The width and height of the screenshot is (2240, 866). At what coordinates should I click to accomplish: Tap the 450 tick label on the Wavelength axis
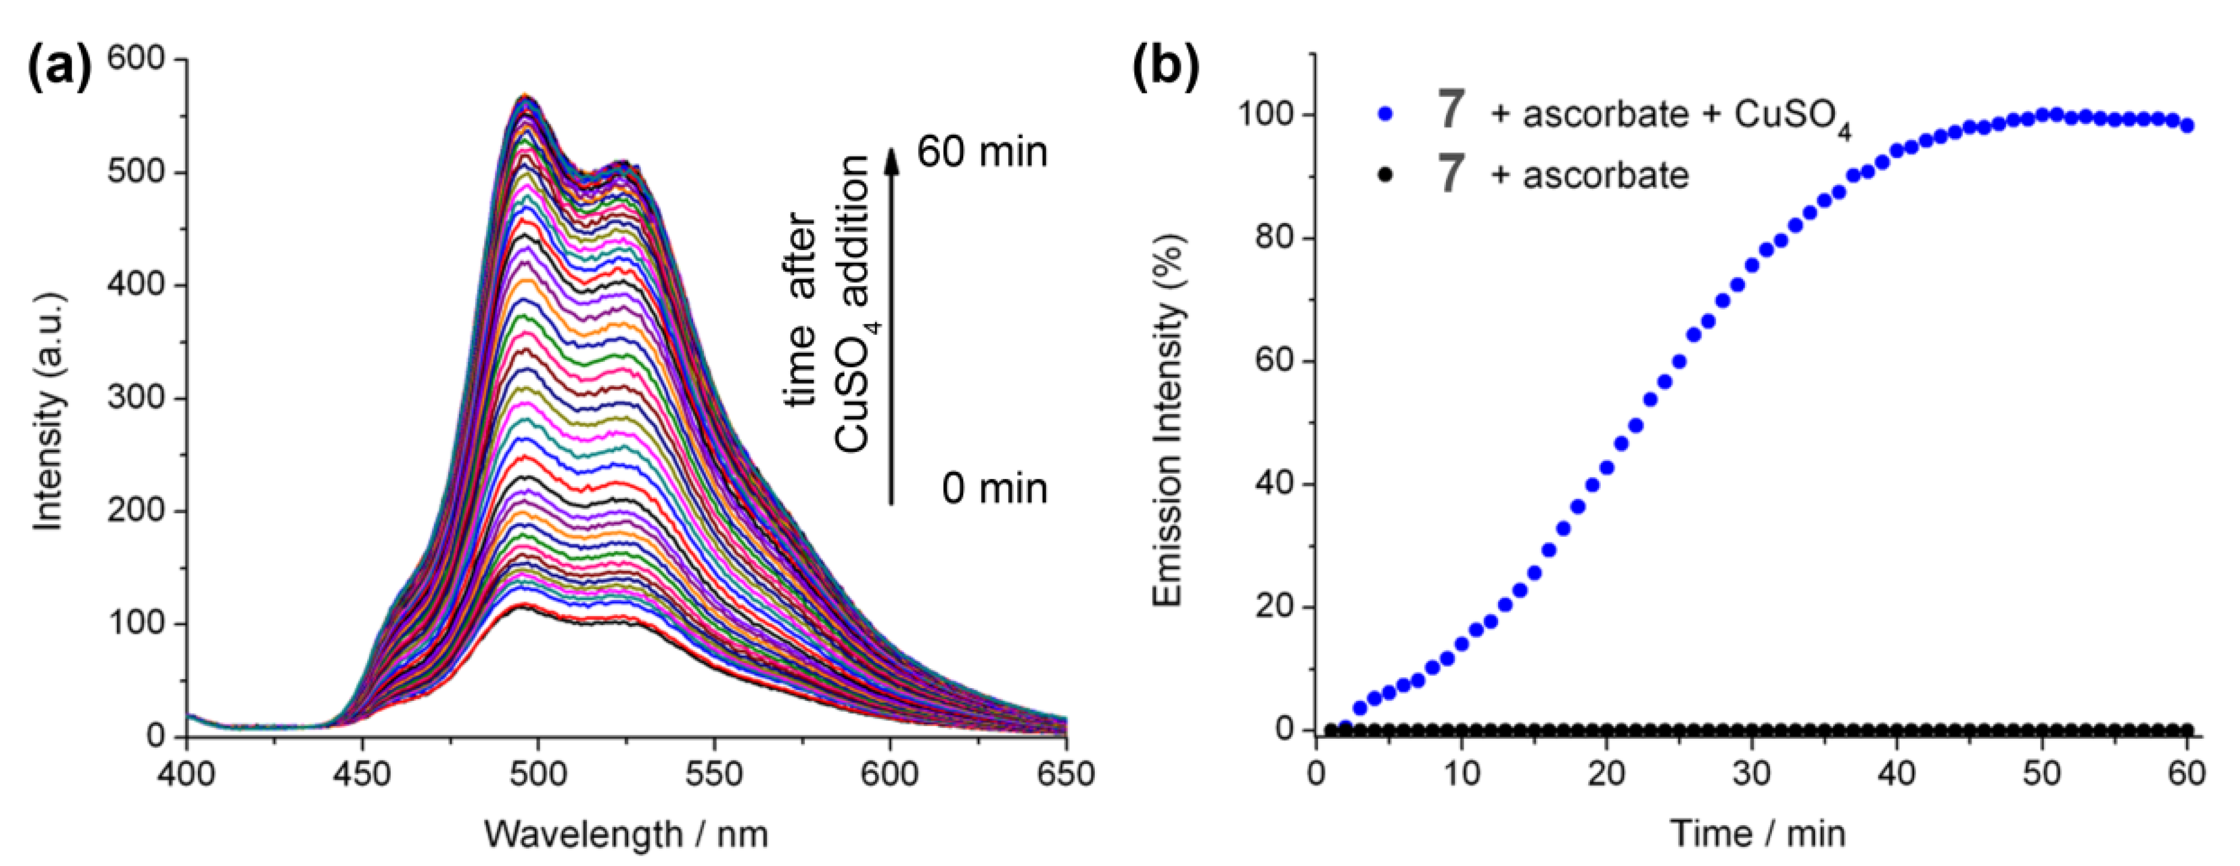tap(363, 774)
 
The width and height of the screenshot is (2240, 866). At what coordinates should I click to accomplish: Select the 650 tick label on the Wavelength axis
tap(1065, 774)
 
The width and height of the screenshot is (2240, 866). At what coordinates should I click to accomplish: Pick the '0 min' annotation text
tap(994, 489)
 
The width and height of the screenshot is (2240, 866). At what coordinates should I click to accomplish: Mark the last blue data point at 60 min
tap(2187, 125)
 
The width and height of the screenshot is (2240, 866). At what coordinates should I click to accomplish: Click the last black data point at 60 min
tap(2187, 730)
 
